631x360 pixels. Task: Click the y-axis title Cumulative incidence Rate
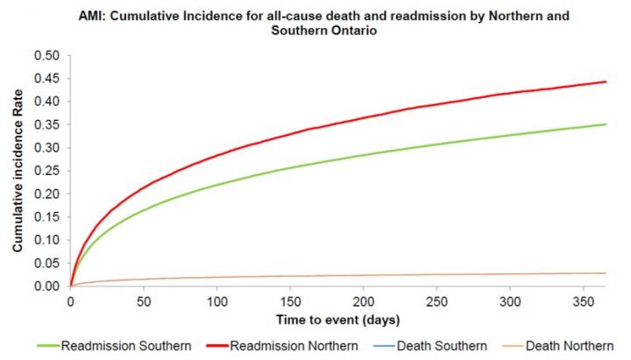click(x=17, y=171)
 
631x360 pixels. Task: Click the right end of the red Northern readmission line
click(x=606, y=82)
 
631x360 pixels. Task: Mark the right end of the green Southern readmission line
click(x=606, y=124)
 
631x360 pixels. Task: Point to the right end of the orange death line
click(x=606, y=273)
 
